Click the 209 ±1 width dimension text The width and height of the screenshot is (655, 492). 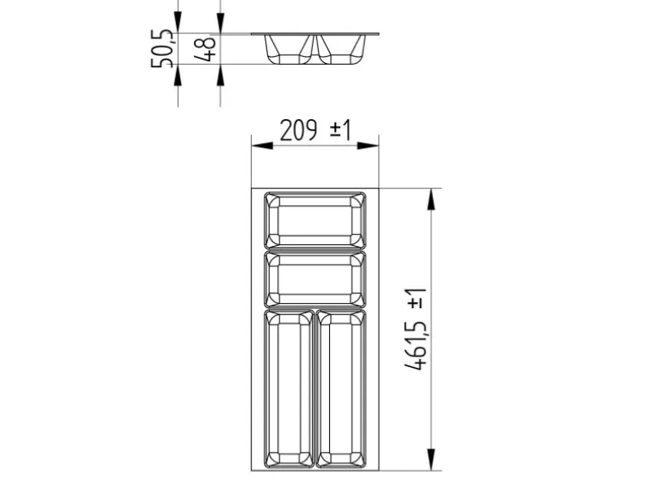coord(316,130)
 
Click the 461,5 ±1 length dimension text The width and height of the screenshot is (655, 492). coord(416,329)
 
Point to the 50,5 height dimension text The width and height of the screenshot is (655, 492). coord(162,49)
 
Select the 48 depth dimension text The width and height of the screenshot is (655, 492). coord(206,48)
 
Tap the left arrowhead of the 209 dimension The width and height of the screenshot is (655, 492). coord(262,146)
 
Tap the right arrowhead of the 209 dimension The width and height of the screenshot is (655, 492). coord(368,146)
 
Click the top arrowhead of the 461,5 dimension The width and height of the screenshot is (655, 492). coord(430,199)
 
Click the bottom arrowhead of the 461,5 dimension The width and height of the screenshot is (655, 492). coord(430,460)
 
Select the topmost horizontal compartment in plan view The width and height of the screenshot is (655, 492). coord(315,220)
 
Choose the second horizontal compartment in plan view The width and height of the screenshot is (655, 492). coord(315,279)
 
